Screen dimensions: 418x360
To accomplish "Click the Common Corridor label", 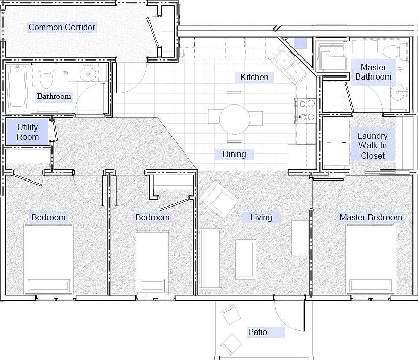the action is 62,27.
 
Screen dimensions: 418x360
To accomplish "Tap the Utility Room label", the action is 28,132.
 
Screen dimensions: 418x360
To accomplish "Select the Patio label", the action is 258,332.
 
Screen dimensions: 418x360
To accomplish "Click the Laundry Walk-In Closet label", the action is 373,146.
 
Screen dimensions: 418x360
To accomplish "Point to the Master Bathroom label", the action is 373,72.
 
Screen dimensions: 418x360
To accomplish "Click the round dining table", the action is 235,119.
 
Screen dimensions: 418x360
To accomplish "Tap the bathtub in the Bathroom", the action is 18,87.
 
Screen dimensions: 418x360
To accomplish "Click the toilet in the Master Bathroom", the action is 395,52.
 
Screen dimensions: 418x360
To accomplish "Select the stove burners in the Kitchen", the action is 307,110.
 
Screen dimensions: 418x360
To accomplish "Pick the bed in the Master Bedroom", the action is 371,260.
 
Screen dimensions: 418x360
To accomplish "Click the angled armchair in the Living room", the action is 219,198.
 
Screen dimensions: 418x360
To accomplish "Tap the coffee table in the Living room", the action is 245,260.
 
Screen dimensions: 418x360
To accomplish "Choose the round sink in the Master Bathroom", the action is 399,93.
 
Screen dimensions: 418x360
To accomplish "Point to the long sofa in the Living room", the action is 210,259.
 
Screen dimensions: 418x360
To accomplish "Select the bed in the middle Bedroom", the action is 153,263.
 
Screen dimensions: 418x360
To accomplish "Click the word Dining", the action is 234,154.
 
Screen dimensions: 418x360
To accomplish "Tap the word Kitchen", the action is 255,77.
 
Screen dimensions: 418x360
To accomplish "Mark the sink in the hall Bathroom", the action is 88,72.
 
